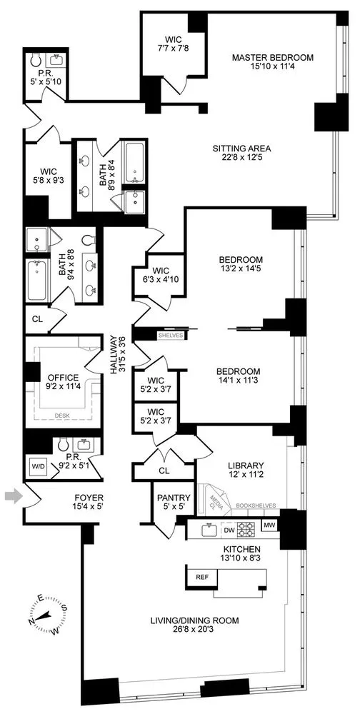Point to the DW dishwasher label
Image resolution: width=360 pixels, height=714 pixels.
229,531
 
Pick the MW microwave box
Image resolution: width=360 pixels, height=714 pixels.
269,527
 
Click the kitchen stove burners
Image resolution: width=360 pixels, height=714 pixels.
246,530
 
